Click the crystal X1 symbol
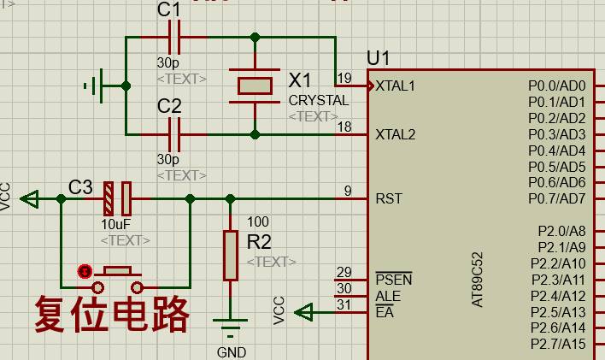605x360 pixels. tap(255, 86)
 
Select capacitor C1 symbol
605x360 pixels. tap(175, 38)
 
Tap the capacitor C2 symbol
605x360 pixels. tap(175, 134)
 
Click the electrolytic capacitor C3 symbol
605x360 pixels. tap(117, 198)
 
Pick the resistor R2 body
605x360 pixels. tap(230, 255)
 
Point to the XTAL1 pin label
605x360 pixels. tap(395, 86)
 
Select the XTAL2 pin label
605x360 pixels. tap(395, 135)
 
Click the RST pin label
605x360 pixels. tap(389, 199)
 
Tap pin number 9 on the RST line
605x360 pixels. tap(348, 192)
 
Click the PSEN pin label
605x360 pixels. tap(393, 280)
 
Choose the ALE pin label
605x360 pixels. tap(387, 296)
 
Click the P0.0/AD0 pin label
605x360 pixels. tap(556, 86)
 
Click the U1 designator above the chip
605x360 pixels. tap(378, 58)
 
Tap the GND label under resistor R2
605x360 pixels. tap(231, 352)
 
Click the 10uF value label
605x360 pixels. tap(116, 225)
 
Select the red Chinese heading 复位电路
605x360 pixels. tap(111, 315)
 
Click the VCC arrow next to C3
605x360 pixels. tap(30, 199)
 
